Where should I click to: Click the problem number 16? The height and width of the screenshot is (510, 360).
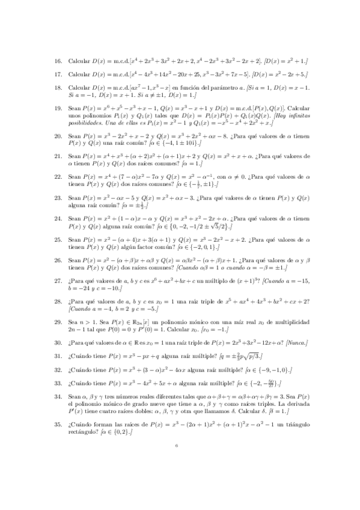point(58,61)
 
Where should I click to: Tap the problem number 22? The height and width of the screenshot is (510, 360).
point(58,177)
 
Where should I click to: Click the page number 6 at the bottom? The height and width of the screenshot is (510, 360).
point(177,463)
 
